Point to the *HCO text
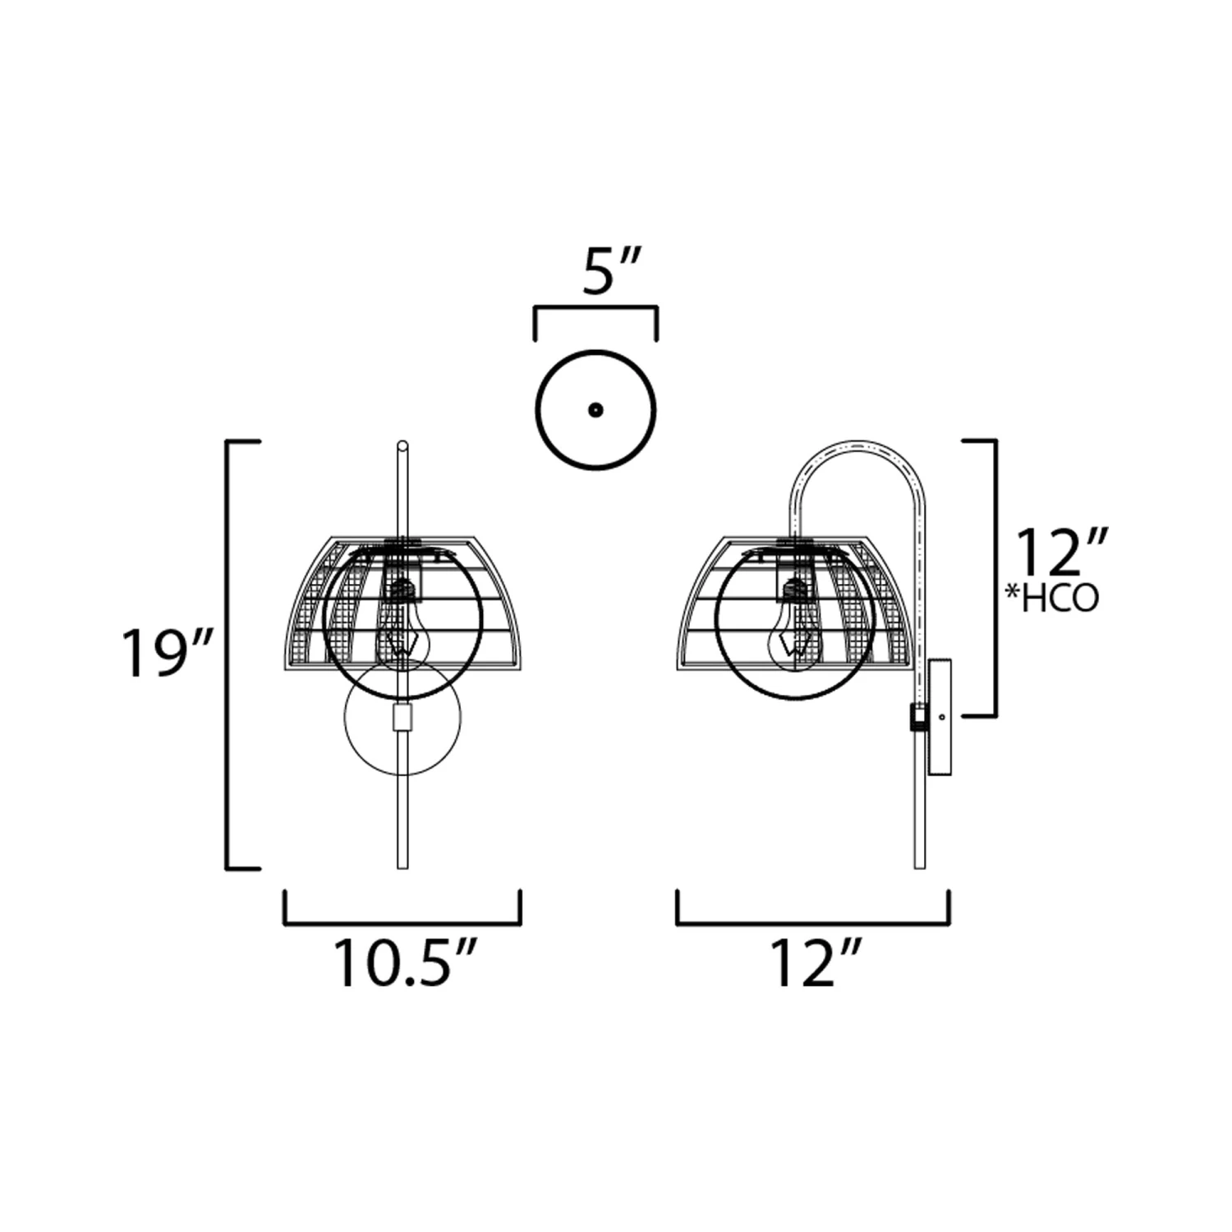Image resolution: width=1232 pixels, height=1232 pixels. pos(1052,599)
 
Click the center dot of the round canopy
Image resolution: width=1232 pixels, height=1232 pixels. pos(595,409)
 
